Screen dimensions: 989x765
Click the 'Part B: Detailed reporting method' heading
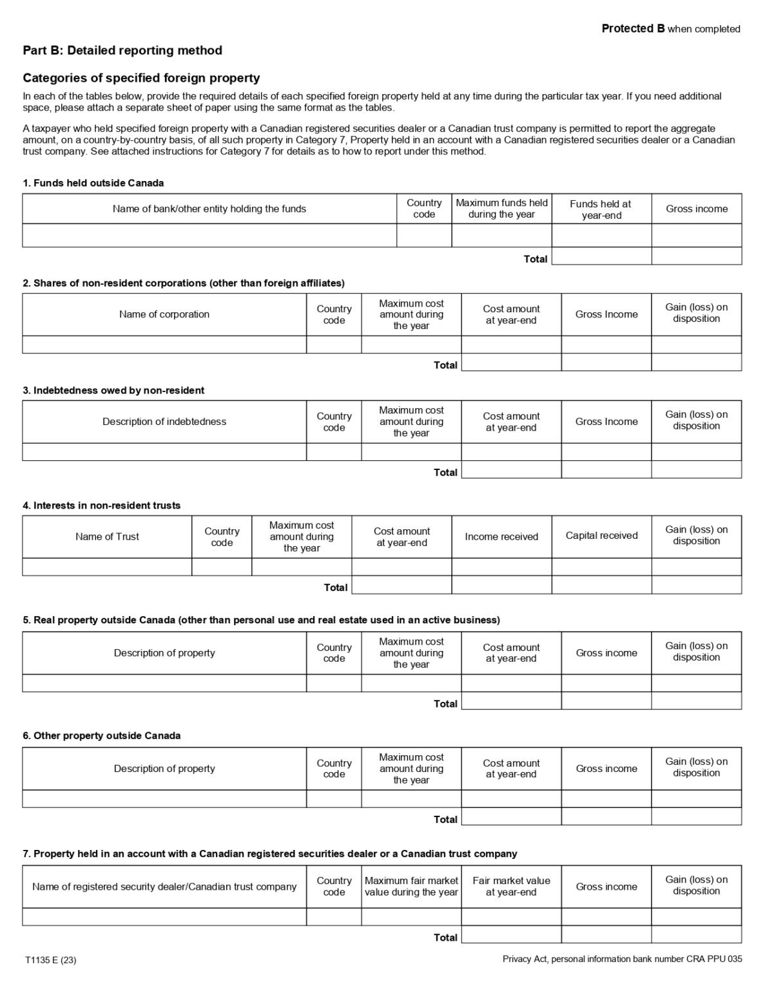pyautogui.click(x=122, y=50)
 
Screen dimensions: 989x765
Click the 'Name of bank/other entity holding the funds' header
pyautogui.click(x=209, y=209)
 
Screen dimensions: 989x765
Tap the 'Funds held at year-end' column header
pyautogui.click(x=601, y=209)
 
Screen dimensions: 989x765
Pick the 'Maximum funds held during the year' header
pyautogui.click(x=501, y=209)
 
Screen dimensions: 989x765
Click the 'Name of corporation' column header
pyautogui.click(x=164, y=314)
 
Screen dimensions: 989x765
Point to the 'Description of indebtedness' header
pyautogui.click(x=164, y=422)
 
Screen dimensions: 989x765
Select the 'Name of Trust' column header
pyautogui.click(x=107, y=536)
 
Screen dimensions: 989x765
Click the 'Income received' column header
pyautogui.click(x=501, y=536)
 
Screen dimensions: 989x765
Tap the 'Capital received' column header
pyautogui.click(x=601, y=536)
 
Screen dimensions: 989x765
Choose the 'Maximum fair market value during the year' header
pyautogui.click(x=411, y=887)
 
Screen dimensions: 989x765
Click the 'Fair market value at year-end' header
pyautogui.click(x=511, y=887)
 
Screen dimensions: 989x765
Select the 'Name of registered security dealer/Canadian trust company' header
pyautogui.click(x=164, y=887)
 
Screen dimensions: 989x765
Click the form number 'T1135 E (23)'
pyautogui.click(x=51, y=960)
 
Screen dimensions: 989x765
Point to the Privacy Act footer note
pyautogui.click(x=622, y=959)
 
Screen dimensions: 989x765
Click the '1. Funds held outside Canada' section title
pyautogui.click(x=93, y=183)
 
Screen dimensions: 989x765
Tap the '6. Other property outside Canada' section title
pyautogui.click(x=102, y=735)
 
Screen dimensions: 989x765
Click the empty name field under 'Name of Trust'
pyautogui.click(x=107, y=567)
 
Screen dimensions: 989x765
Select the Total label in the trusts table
pyautogui.click(x=335, y=587)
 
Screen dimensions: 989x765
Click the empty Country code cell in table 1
pyautogui.click(x=424, y=236)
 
